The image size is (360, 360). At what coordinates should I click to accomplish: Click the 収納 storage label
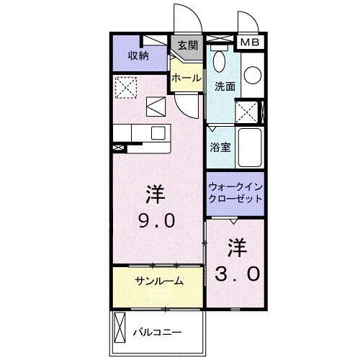click(138, 55)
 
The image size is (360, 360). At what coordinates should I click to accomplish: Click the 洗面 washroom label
click(224, 86)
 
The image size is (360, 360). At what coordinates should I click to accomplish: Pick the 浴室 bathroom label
click(220, 147)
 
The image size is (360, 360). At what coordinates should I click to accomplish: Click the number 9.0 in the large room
click(154, 220)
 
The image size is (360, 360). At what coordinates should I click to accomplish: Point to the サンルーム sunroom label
click(158, 280)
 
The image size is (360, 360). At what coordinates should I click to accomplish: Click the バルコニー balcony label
click(157, 332)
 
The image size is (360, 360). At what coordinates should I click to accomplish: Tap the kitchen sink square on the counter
click(156, 106)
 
